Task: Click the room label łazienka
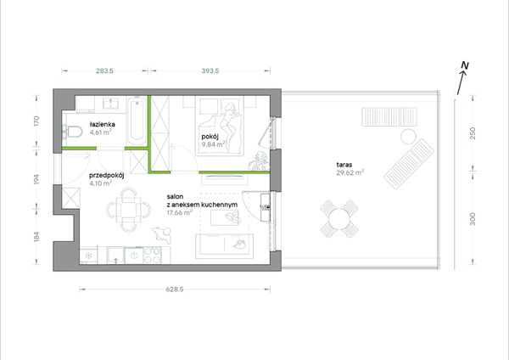(x=103, y=124)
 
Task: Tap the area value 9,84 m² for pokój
(x=213, y=144)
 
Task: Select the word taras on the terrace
(x=344, y=165)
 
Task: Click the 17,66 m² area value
(x=180, y=213)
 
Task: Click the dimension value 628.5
(x=175, y=290)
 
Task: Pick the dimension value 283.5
(x=104, y=70)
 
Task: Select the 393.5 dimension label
(x=210, y=70)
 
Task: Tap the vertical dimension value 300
(x=473, y=219)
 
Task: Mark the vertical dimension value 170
(x=36, y=121)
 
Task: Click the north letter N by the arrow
(x=466, y=65)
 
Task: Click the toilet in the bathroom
(x=72, y=132)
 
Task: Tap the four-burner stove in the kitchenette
(x=152, y=255)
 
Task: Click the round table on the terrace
(x=339, y=219)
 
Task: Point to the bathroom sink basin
(x=110, y=103)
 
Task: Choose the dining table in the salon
(x=129, y=210)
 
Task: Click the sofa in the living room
(x=224, y=246)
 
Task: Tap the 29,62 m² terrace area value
(x=350, y=172)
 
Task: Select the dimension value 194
(x=36, y=179)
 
